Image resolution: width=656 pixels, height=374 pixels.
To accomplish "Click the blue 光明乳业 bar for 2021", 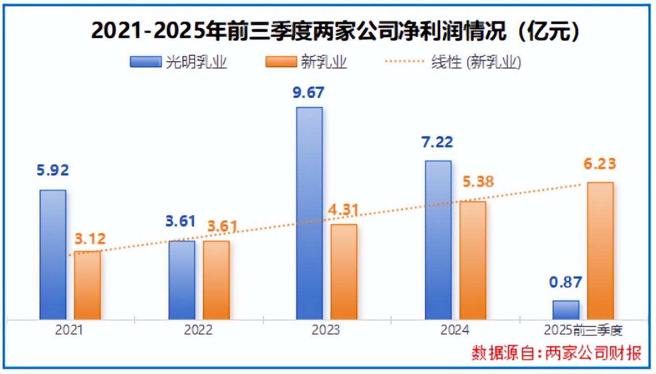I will (x=53, y=255).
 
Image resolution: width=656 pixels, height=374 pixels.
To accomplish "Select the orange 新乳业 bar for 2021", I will (x=87, y=285).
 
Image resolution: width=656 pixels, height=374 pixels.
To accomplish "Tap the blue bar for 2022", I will (x=182, y=280).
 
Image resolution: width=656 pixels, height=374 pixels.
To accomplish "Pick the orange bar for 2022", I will (x=216, y=280).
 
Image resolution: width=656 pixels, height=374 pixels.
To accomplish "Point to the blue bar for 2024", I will (x=438, y=240).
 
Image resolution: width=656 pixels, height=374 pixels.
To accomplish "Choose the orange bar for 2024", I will (x=472, y=260).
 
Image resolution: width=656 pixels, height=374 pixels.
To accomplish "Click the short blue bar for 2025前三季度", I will (x=566, y=310).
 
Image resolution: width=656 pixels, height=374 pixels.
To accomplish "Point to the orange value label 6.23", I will (x=600, y=164).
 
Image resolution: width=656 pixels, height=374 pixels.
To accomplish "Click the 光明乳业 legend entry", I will (x=178, y=62).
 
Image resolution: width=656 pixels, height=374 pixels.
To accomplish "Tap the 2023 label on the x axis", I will (x=326, y=330).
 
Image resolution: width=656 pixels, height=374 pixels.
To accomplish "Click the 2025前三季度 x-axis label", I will (x=584, y=330).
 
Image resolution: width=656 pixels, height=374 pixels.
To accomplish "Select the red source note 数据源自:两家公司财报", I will (x=556, y=353).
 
